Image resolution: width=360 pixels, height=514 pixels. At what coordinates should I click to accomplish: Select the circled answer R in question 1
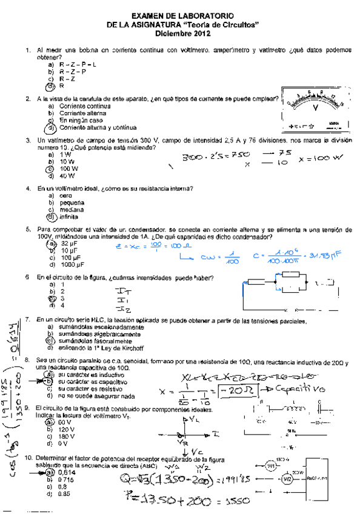[61, 86]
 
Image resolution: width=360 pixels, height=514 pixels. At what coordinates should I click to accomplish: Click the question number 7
[27, 319]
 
